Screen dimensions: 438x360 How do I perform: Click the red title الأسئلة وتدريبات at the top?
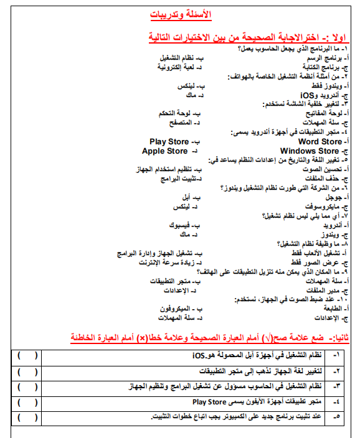coord(181,14)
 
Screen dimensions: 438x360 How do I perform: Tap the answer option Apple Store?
coord(164,151)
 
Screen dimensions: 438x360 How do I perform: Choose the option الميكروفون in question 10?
coord(166,309)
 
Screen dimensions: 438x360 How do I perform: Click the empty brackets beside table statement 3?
coord(27,386)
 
